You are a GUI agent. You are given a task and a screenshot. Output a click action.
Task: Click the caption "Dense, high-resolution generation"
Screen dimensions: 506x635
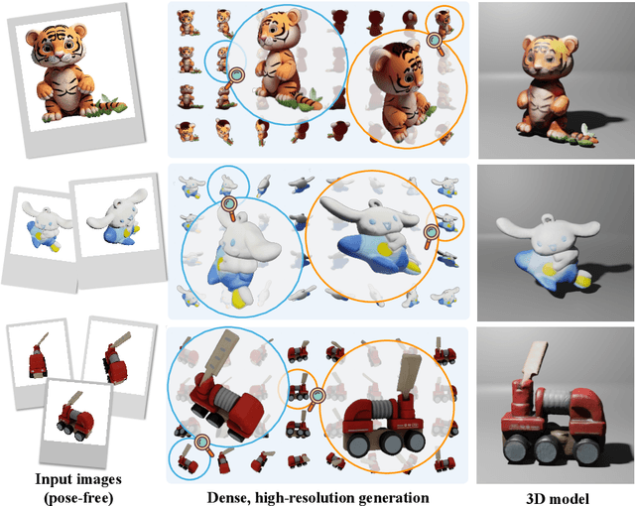click(317, 496)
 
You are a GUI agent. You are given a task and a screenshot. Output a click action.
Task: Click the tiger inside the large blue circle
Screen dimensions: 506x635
click(273, 64)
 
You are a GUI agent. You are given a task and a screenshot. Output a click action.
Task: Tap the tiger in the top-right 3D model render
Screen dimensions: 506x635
click(551, 84)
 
